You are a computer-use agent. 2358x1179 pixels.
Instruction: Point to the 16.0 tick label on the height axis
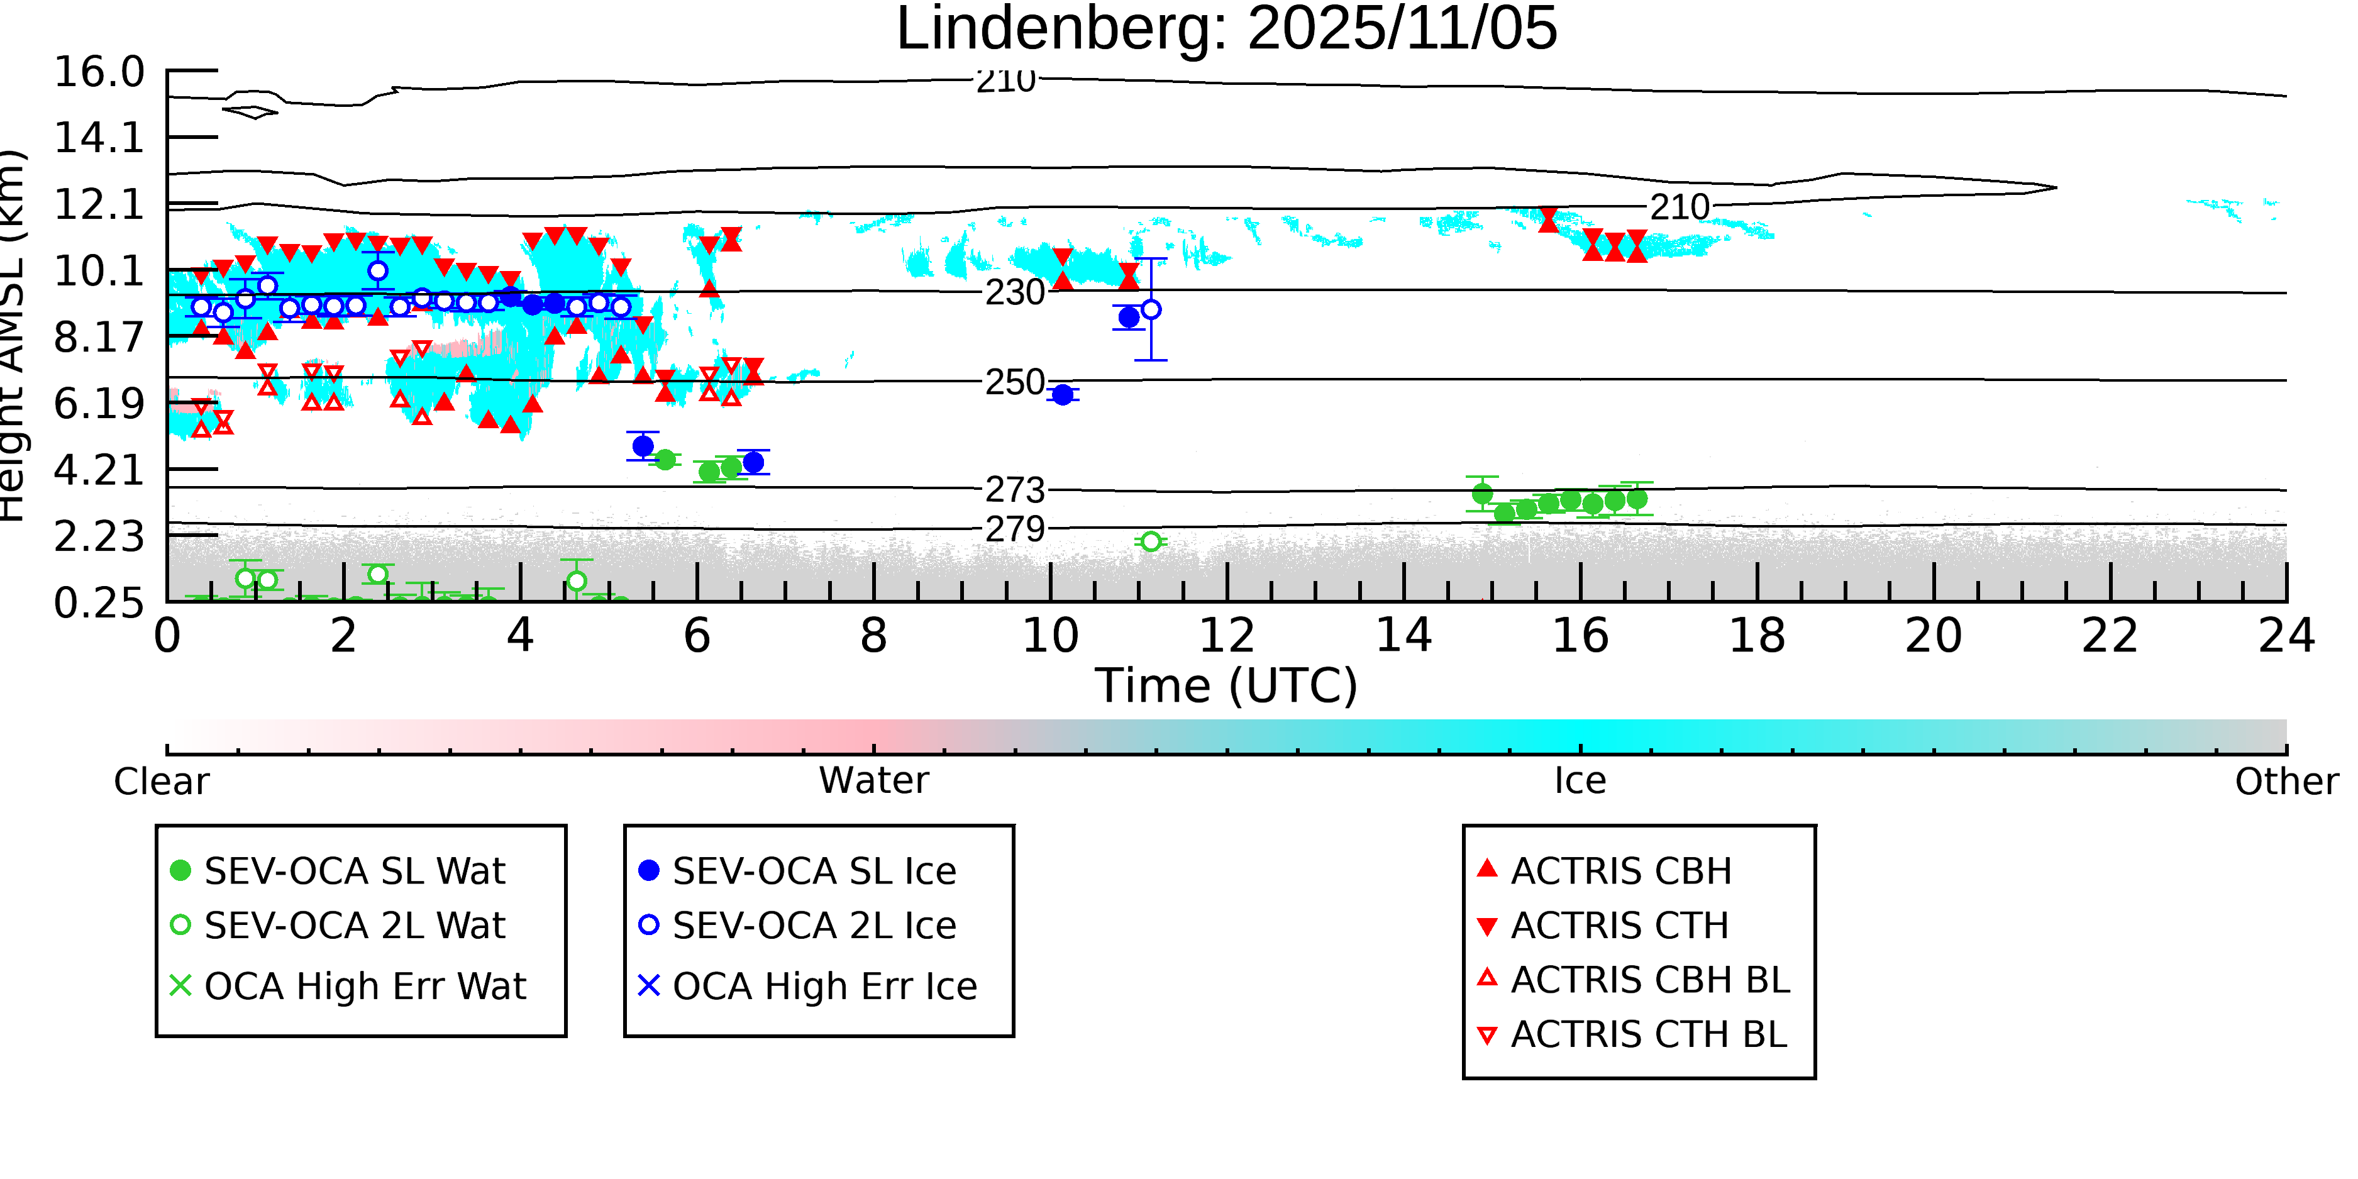pos(99,72)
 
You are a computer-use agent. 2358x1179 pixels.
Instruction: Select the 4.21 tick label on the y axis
pos(99,470)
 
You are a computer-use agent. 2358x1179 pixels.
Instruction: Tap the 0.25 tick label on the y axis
pos(99,603)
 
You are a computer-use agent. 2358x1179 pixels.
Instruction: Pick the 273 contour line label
pos(1014,490)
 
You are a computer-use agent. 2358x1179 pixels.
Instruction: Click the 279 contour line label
pos(1014,529)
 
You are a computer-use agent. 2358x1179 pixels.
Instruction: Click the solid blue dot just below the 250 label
pos(1062,394)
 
